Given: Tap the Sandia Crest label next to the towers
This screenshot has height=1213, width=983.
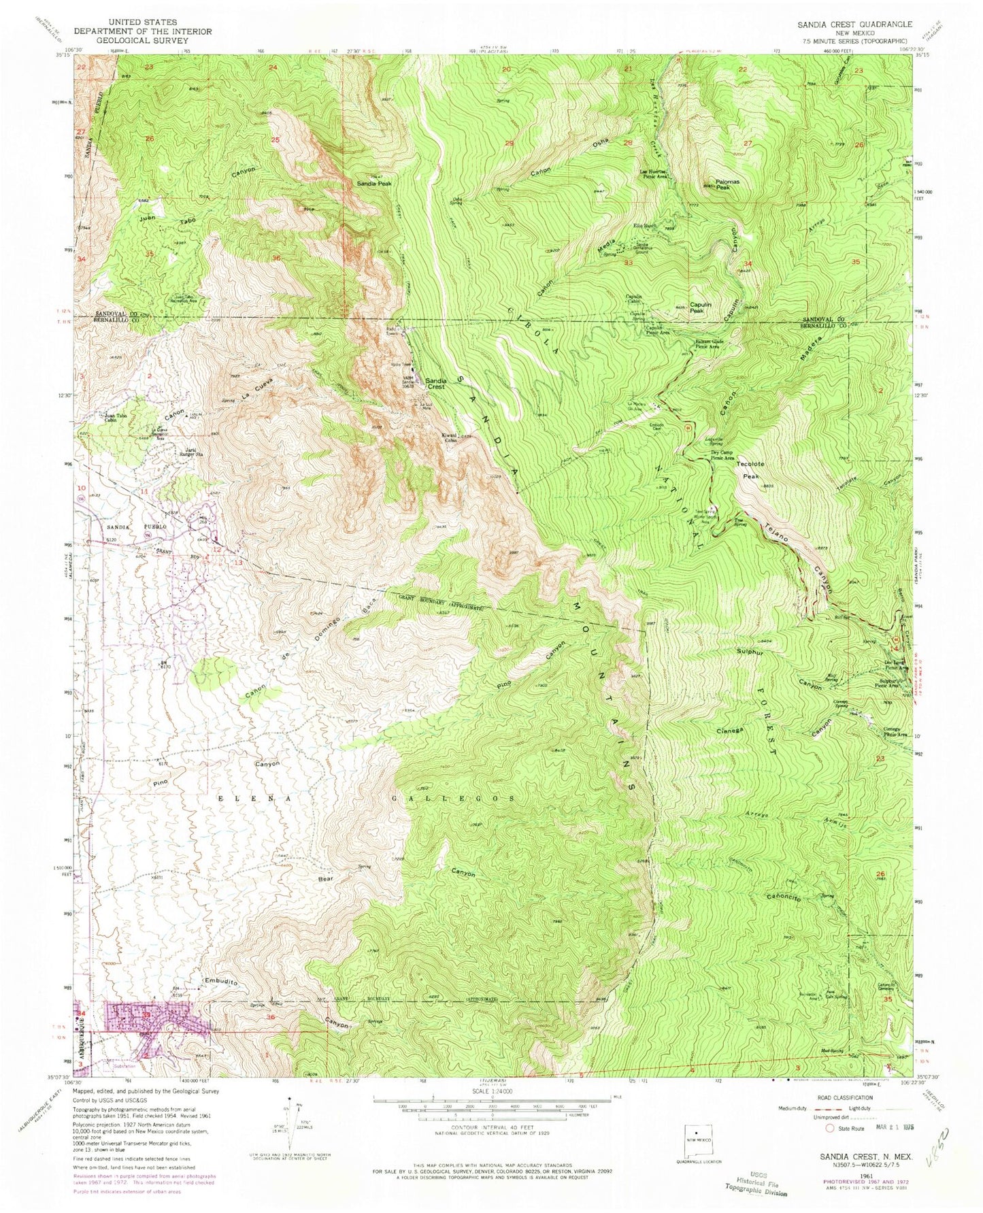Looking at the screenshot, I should [x=435, y=383].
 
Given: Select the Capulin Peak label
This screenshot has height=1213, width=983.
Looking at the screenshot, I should [x=701, y=308].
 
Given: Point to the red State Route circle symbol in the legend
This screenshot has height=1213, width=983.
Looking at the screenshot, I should [x=829, y=1128].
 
